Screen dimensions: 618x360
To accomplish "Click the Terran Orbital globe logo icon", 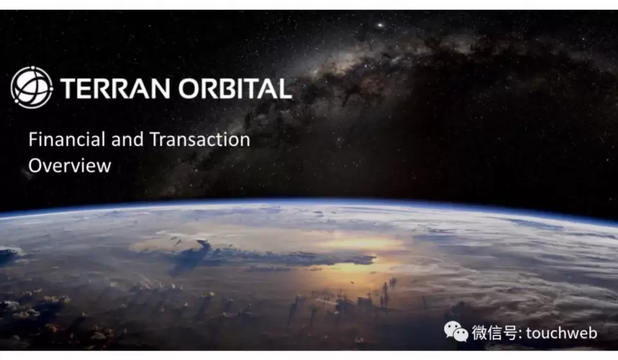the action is click(32, 87).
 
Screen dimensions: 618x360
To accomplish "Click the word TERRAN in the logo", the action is click(115, 88).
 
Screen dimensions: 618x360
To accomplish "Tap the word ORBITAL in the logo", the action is click(236, 88).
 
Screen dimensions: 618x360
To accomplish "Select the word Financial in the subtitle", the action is click(66, 140).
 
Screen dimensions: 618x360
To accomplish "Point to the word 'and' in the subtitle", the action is click(127, 140).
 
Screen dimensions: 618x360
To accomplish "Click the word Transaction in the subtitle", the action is click(200, 140).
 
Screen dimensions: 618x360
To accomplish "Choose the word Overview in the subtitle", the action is click(70, 166).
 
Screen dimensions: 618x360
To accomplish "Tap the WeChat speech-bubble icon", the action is click(456, 332).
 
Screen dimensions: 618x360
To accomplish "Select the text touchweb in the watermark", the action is click(561, 333).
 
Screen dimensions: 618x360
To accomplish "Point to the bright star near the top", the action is click(380, 25).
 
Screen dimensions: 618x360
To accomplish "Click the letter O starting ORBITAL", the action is click(190, 88).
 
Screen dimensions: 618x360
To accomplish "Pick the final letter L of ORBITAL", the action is click(285, 88).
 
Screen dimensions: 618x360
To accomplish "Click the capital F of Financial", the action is click(33, 140).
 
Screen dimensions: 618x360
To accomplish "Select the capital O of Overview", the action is click(35, 166).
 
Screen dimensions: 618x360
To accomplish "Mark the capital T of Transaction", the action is click(155, 140).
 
